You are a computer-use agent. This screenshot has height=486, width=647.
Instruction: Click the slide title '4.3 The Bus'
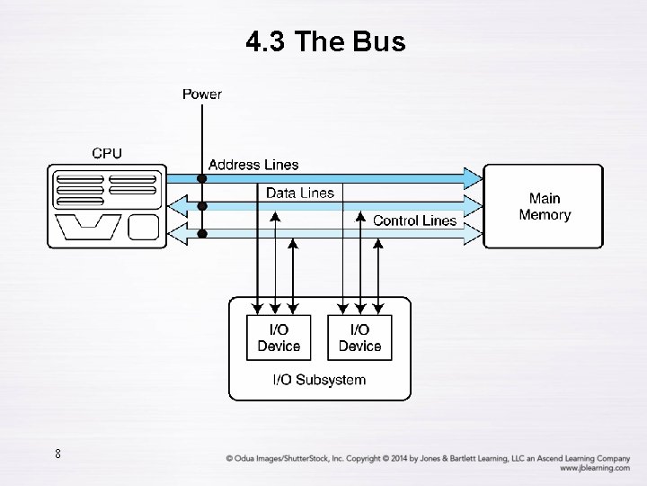pyautogui.click(x=325, y=41)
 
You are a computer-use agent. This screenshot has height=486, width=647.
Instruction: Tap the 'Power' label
pyautogui.click(x=202, y=94)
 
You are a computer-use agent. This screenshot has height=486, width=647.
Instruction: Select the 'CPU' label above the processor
pyautogui.click(x=107, y=153)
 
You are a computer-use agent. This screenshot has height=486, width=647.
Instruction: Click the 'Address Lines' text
pyautogui.click(x=253, y=165)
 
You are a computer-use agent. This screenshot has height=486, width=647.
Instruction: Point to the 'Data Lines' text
pyautogui.click(x=299, y=193)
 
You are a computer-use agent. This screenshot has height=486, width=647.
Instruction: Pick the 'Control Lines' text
pyautogui.click(x=414, y=220)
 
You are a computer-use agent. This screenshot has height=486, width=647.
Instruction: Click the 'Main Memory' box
pyautogui.click(x=544, y=206)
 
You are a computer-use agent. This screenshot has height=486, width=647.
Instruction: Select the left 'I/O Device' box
pyautogui.click(x=279, y=337)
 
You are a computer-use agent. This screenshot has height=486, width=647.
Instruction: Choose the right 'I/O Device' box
pyautogui.click(x=359, y=337)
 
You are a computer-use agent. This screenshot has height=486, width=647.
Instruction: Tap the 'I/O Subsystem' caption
pyautogui.click(x=319, y=380)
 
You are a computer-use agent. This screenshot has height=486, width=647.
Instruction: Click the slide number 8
pyautogui.click(x=58, y=454)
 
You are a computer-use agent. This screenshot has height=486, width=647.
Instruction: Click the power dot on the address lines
pyautogui.click(x=202, y=178)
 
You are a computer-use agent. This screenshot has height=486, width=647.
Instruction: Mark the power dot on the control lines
pyautogui.click(x=202, y=234)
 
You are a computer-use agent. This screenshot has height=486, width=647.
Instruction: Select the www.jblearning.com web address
pyautogui.click(x=593, y=468)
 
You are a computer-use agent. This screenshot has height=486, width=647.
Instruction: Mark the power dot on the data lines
pyautogui.click(x=202, y=206)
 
